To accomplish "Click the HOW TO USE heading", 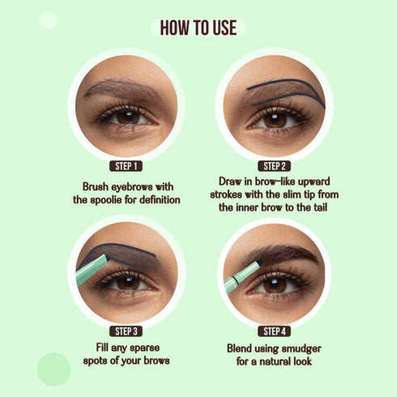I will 198,28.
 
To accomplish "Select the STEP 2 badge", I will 275,166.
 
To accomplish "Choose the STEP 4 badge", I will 275,331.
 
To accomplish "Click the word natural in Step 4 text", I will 284,361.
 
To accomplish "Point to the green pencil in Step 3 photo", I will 91,268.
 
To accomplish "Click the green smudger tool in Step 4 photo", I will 241,275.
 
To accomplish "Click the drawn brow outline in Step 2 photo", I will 280,85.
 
